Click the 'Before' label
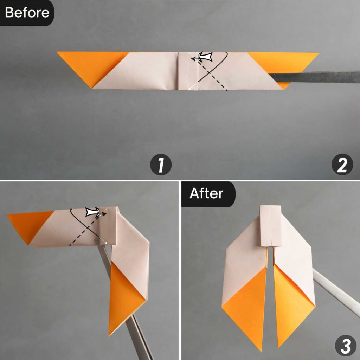pyautogui.click(x=27, y=13)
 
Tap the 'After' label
pyautogui.click(x=206, y=194)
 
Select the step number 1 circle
pyautogui.click(x=161, y=165)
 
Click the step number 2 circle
pyautogui.click(x=342, y=165)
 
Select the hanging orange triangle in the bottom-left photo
pyautogui.click(x=123, y=299)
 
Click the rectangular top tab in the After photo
pyautogui.click(x=270, y=225)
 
